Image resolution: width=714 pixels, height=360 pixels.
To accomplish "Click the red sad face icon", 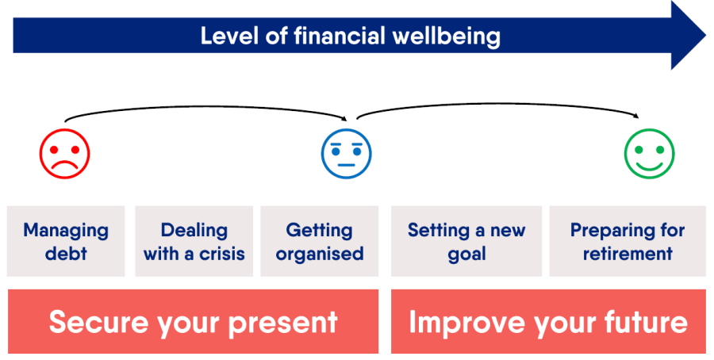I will [x=64, y=152].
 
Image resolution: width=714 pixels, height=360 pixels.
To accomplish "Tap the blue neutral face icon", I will [x=346, y=152].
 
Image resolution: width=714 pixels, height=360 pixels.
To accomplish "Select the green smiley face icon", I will [x=649, y=152].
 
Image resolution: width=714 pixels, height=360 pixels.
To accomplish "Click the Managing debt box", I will [x=66, y=241].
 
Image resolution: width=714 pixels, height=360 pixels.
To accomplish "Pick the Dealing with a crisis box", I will [x=194, y=241].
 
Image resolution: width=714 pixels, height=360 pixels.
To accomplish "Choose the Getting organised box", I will [x=319, y=241].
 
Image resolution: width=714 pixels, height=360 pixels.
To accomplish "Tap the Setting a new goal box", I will [x=466, y=241].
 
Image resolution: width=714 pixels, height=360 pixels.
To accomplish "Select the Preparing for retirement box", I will [x=627, y=241].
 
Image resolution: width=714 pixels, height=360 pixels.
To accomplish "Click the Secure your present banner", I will [x=193, y=321].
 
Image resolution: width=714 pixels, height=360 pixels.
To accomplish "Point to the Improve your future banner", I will [x=548, y=321].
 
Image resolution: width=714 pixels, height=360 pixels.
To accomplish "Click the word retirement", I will [x=628, y=255].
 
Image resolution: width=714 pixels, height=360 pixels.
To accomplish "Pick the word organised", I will [x=319, y=255].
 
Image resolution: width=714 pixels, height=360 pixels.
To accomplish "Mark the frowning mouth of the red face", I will [x=64, y=165].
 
